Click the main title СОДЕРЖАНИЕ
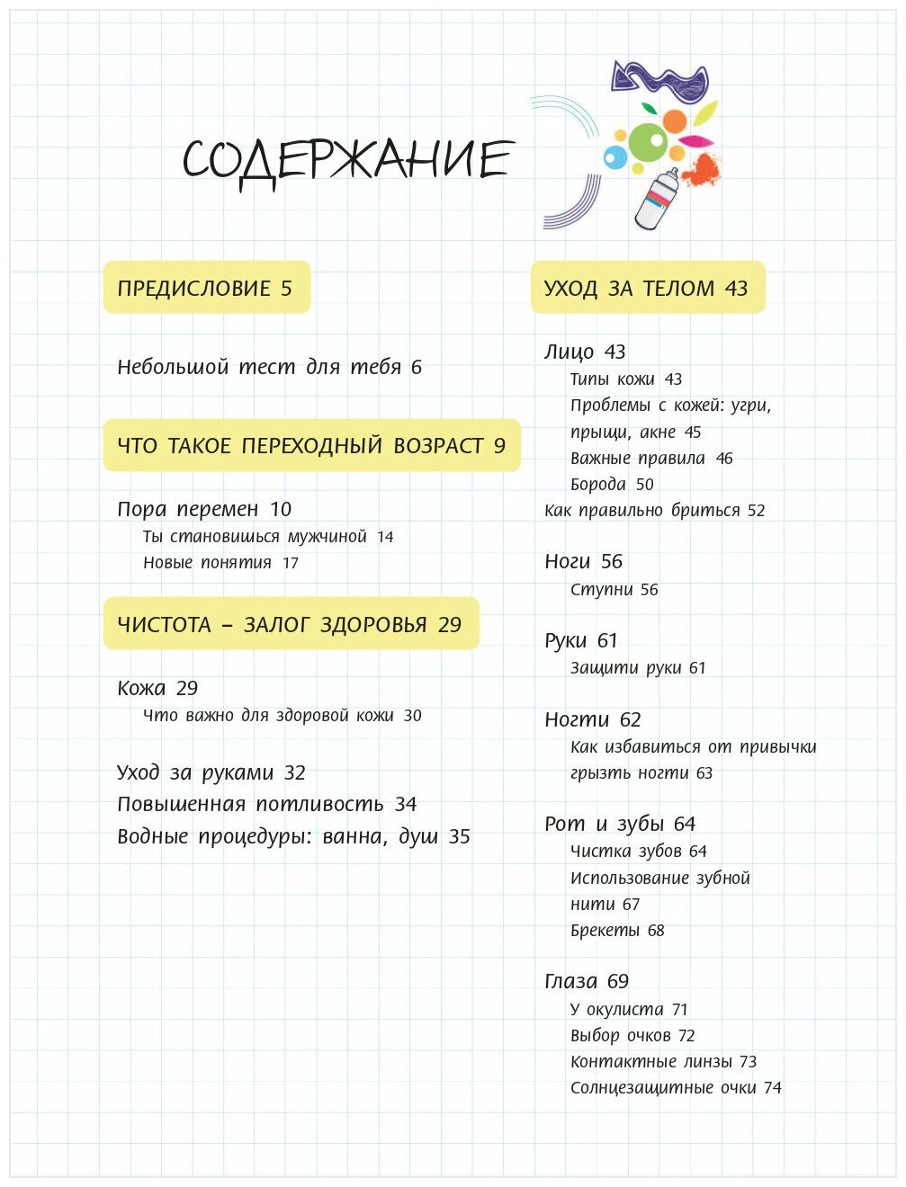347,160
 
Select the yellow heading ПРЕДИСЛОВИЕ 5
205,289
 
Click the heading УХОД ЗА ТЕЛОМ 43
646,289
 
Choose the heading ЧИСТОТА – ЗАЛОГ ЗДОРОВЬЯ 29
290,625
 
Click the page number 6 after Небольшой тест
417,367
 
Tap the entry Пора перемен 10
204,510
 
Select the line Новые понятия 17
220,563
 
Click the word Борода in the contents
597,485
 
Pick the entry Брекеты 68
617,931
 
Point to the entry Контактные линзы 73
663,1062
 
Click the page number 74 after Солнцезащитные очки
773,1088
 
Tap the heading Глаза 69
587,982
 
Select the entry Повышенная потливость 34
266,805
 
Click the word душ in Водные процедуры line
418,837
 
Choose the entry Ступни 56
614,590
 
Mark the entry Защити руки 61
638,668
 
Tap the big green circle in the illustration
647,141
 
